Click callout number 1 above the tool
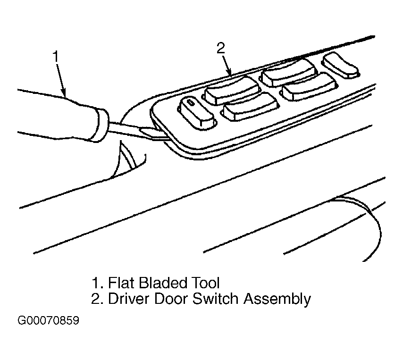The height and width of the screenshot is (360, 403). coord(56,57)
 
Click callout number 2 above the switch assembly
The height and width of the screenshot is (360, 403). coord(220,48)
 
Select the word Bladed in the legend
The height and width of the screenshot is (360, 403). coord(162,283)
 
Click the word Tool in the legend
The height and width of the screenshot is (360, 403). coord(205,283)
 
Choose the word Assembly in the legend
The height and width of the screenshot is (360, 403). coord(277,299)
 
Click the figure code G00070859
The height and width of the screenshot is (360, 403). coord(48,320)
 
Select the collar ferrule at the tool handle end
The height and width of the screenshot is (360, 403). coord(101,125)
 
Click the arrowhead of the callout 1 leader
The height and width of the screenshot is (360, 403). coord(64,93)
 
